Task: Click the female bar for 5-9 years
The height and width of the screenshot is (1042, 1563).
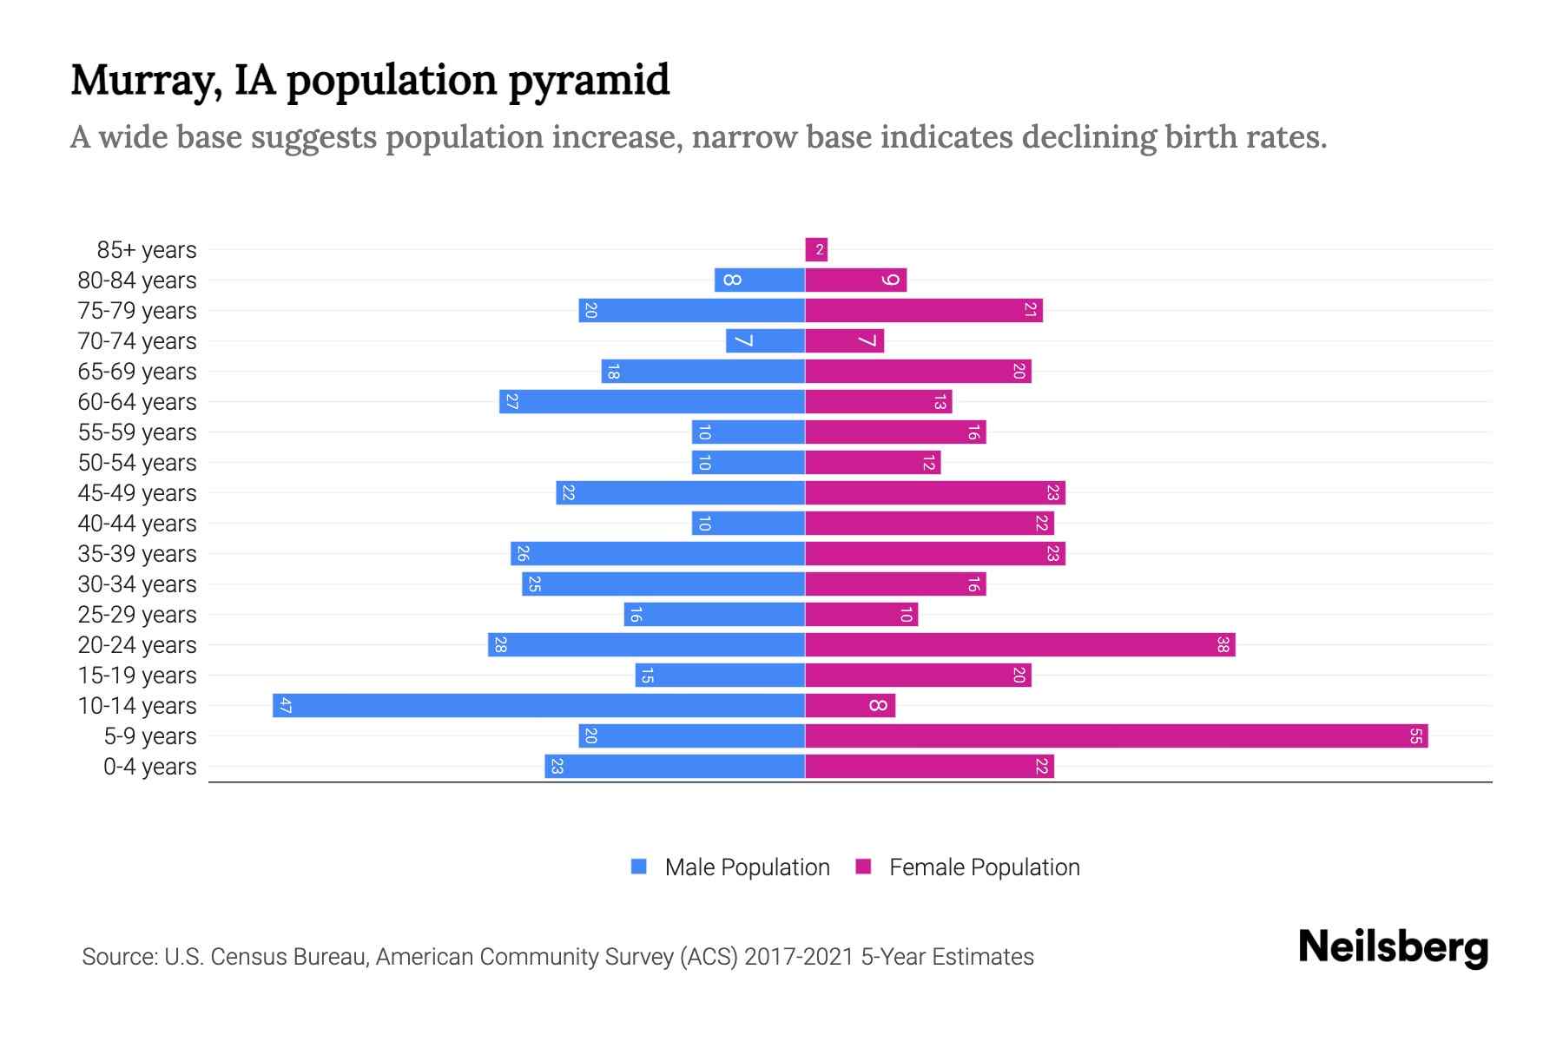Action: tap(1116, 735)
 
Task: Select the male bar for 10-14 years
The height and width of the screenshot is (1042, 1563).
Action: tap(538, 705)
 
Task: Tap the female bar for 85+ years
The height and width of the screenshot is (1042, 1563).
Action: tap(816, 249)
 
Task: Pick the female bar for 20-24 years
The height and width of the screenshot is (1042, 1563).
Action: tap(1020, 644)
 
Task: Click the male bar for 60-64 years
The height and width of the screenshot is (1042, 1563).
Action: tap(652, 401)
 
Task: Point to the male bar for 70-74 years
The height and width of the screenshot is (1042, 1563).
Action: tap(765, 340)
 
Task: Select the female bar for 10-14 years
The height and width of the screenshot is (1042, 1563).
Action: tap(850, 705)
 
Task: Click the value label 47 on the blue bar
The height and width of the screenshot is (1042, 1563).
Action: tap(285, 705)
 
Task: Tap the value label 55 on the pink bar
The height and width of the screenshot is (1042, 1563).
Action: tap(1415, 735)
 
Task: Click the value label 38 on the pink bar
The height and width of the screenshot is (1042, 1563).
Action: tap(1223, 644)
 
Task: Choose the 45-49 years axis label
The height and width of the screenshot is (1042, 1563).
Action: tap(137, 492)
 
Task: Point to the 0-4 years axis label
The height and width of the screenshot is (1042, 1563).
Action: tap(149, 766)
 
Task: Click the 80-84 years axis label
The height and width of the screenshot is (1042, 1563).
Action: tap(137, 280)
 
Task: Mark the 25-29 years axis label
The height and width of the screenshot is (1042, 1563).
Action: tap(137, 614)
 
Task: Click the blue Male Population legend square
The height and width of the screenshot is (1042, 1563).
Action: tap(639, 867)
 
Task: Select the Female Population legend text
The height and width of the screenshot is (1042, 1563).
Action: tap(984, 867)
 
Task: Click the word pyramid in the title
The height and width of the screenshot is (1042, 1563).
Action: tap(589, 80)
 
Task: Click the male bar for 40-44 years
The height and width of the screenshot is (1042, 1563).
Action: tap(748, 523)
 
